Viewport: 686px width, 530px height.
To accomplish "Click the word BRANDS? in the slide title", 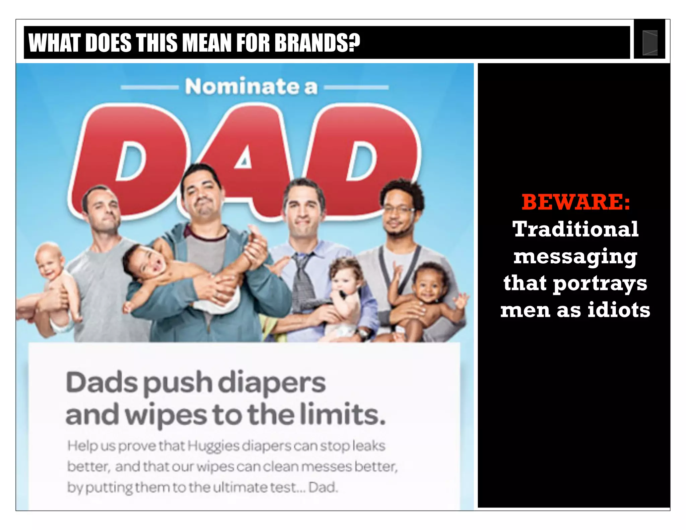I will [317, 43].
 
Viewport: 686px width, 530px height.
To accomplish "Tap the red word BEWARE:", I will [575, 202].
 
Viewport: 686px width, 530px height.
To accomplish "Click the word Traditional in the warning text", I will [575, 229].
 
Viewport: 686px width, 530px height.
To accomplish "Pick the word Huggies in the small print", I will [213, 446].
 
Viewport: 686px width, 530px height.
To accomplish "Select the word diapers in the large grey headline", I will [273, 383].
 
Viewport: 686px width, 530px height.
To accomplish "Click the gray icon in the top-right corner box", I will [650, 43].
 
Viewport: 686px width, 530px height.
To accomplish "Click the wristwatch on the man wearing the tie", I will [362, 333].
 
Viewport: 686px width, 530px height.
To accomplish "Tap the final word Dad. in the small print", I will [323, 487].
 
